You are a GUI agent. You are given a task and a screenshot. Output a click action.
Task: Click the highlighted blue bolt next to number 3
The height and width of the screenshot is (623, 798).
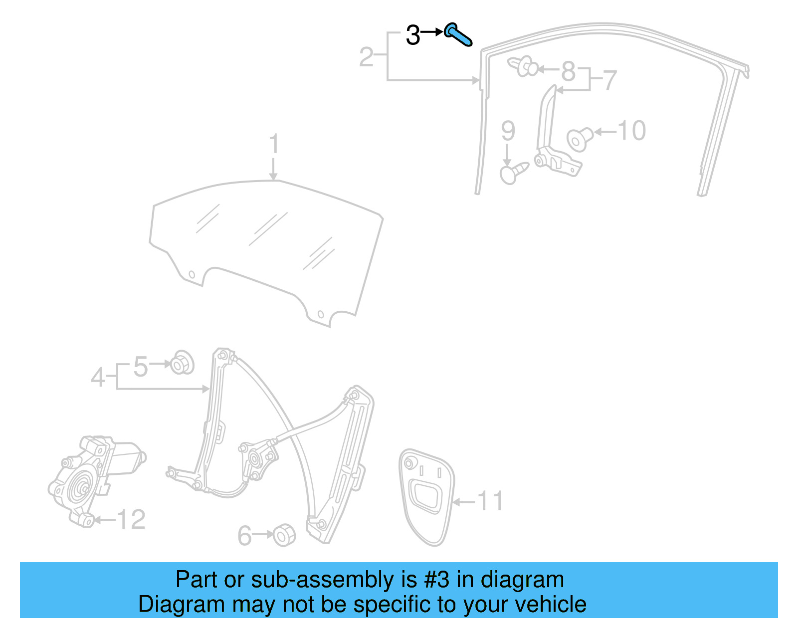(x=458, y=34)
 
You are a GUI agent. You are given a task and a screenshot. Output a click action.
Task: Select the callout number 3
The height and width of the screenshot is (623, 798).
(x=413, y=35)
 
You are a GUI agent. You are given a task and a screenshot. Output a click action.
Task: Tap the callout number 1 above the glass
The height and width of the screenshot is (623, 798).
(x=273, y=144)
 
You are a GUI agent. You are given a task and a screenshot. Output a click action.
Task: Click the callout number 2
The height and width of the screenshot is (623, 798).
(x=367, y=57)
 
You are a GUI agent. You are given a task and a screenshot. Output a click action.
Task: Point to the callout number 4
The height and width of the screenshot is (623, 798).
(x=98, y=377)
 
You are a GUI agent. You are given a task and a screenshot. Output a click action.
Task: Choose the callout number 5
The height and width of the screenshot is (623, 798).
(x=141, y=367)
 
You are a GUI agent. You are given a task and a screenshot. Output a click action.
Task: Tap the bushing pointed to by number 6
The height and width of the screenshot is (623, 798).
(x=285, y=535)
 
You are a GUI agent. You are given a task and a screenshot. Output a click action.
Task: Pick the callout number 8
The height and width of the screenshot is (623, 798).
(x=568, y=71)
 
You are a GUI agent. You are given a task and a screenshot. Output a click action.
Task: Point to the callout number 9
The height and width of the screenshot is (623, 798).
(x=508, y=131)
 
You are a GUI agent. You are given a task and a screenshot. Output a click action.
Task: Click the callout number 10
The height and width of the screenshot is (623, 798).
(x=632, y=131)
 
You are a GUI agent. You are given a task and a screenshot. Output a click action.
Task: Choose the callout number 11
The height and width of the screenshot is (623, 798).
(x=490, y=501)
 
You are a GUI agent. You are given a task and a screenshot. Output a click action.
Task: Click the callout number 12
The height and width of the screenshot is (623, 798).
(x=131, y=520)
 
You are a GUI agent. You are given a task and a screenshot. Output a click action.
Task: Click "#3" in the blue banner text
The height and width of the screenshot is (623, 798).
(x=437, y=580)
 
